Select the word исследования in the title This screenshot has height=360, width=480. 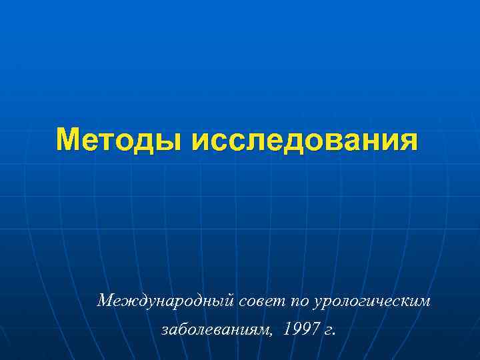[305, 141]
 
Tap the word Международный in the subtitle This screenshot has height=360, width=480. [165, 301]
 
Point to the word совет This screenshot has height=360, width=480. [262, 301]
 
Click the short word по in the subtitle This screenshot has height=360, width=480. [299, 301]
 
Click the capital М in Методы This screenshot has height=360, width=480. [70, 140]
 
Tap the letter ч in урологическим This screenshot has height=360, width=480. [392, 302]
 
